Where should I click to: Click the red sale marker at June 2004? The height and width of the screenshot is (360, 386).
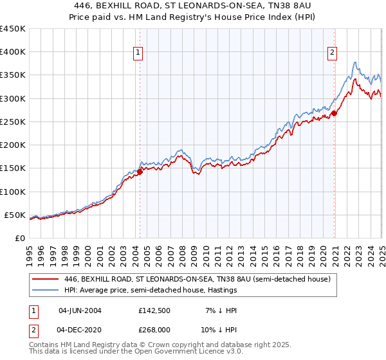140,172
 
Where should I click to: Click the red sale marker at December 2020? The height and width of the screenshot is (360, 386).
335,114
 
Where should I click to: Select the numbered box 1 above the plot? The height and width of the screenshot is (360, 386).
139,53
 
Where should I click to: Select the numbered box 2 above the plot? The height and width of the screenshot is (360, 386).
332,53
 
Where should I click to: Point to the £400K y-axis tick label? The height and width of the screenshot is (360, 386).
13,52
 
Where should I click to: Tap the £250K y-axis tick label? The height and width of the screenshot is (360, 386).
13,122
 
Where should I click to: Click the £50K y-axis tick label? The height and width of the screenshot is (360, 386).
15,215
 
